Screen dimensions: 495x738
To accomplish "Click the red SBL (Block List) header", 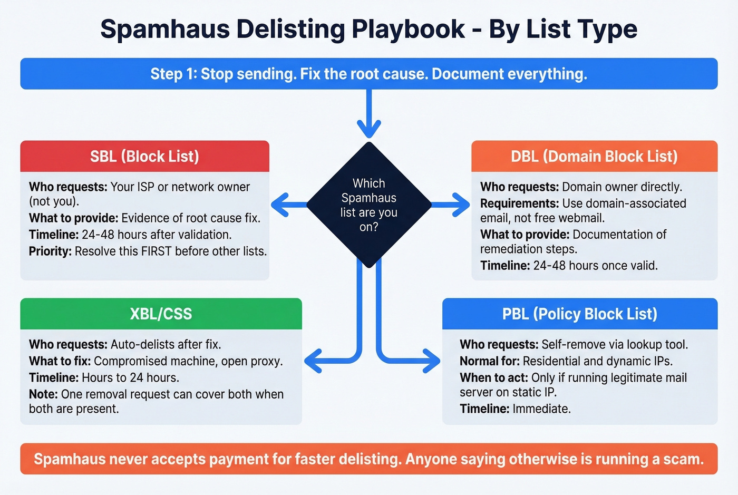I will [x=144, y=156].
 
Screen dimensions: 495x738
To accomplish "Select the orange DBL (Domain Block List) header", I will [x=594, y=156].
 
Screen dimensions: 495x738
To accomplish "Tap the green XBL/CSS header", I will [x=161, y=314].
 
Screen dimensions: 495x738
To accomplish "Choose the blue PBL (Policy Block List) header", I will [x=579, y=314].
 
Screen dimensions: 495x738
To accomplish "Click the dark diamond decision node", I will [x=368, y=205].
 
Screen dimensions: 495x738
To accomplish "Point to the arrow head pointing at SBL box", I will [x=280, y=205].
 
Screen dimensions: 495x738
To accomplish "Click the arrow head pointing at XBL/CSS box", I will [x=314, y=361].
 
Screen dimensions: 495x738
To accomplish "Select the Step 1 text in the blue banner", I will [x=173, y=74].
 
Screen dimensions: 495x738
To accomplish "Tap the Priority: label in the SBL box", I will [x=50, y=251].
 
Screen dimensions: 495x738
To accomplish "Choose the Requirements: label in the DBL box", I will [x=519, y=203].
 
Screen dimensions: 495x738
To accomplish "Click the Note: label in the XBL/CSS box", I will [x=43, y=394].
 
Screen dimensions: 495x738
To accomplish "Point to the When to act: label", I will [x=493, y=378].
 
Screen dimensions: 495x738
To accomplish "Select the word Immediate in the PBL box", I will [x=540, y=409].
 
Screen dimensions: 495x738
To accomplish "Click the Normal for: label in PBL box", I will [x=489, y=361].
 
